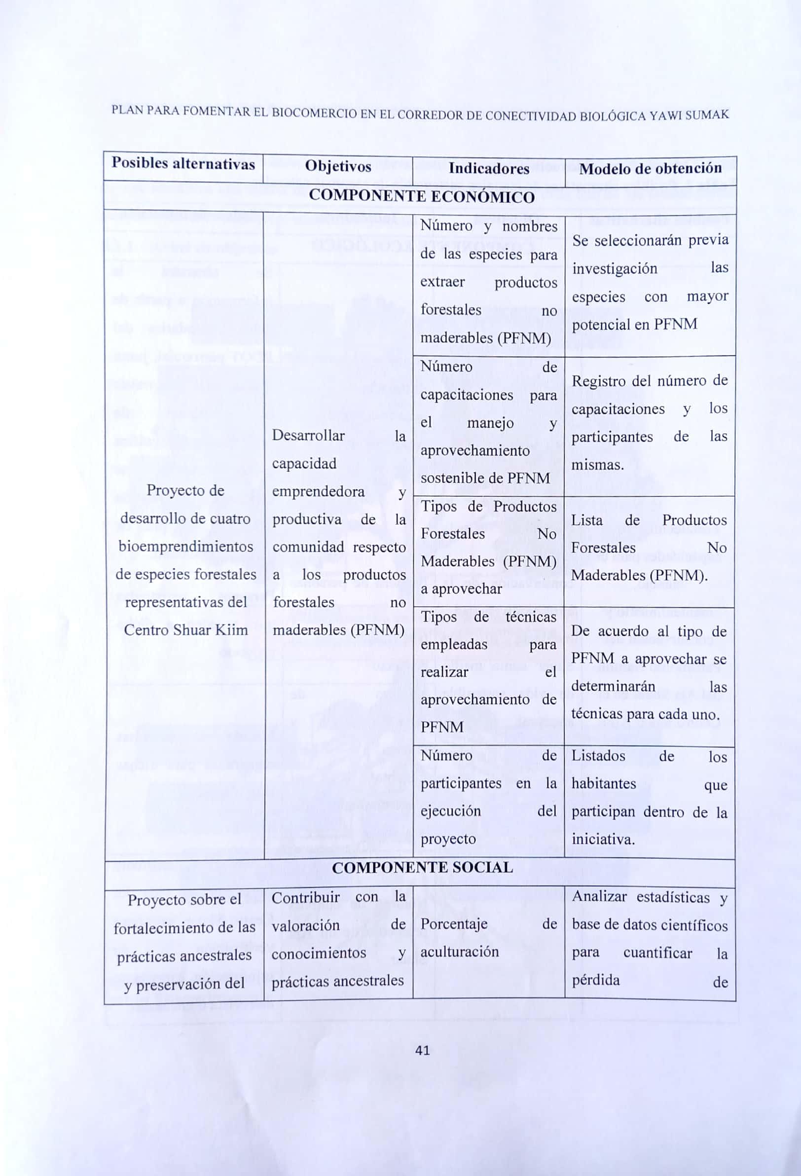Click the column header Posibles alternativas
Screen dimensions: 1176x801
(183, 163)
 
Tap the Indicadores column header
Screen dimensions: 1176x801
(488, 168)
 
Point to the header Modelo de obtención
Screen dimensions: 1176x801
(650, 169)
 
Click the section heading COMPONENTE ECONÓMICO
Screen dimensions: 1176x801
(421, 197)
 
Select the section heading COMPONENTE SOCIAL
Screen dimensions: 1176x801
(422, 867)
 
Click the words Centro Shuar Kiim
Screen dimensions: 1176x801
(186, 630)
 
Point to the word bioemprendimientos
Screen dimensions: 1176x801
(186, 547)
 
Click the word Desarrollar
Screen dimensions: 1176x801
(308, 436)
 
